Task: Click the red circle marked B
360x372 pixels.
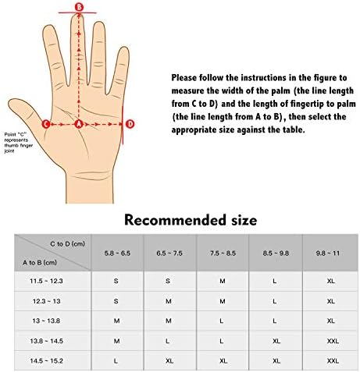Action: (x=79, y=6)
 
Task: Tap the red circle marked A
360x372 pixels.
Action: (x=79, y=124)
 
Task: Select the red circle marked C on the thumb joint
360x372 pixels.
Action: (x=46, y=124)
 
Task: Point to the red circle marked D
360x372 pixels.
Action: (x=130, y=124)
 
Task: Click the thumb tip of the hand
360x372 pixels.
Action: (x=10, y=102)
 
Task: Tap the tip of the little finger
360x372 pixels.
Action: (x=125, y=48)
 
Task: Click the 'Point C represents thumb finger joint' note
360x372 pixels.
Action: (x=19, y=143)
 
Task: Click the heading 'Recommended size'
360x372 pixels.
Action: (x=191, y=220)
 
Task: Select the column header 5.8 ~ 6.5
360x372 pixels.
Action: (x=117, y=253)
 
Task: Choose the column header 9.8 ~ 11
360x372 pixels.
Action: (x=328, y=253)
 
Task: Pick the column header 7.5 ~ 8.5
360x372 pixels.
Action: (x=223, y=253)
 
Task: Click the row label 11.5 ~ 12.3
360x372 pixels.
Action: (x=46, y=281)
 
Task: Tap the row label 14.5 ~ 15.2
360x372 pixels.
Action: (x=46, y=361)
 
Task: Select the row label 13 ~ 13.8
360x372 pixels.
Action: (x=46, y=321)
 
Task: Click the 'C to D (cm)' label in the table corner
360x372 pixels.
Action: (x=67, y=244)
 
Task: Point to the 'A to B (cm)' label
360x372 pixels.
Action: (x=40, y=263)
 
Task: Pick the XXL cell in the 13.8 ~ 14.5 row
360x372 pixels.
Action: (x=333, y=341)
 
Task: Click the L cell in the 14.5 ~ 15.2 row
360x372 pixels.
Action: (x=116, y=361)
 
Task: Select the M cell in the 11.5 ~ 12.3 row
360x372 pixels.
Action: (x=223, y=281)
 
